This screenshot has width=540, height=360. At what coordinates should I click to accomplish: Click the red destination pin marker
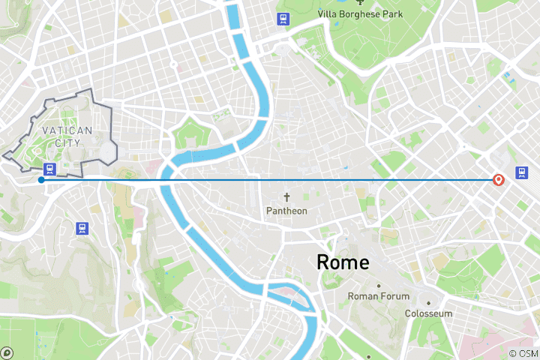coord(498,180)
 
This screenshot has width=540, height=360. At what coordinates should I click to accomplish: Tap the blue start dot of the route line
coord(40,179)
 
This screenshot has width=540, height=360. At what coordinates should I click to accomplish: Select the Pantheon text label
coord(286,211)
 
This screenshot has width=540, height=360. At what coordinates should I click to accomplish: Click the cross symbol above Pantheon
coord(286,198)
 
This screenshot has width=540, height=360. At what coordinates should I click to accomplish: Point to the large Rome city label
coord(343,262)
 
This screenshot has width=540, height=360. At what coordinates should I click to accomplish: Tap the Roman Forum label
coord(378,296)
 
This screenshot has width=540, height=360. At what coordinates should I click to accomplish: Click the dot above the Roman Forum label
coord(378,286)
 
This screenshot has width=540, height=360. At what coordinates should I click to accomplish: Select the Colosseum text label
coord(428,313)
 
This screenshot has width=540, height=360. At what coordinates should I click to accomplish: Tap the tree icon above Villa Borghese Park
coord(370,2)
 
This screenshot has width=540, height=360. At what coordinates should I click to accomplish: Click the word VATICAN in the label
coord(67,130)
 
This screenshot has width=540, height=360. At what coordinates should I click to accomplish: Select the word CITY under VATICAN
coord(67,142)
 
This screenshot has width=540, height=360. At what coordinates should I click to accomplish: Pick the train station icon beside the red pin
coord(521,173)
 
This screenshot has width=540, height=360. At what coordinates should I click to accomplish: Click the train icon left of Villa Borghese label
coord(283,19)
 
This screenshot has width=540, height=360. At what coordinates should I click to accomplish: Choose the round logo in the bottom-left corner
coord(7,353)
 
